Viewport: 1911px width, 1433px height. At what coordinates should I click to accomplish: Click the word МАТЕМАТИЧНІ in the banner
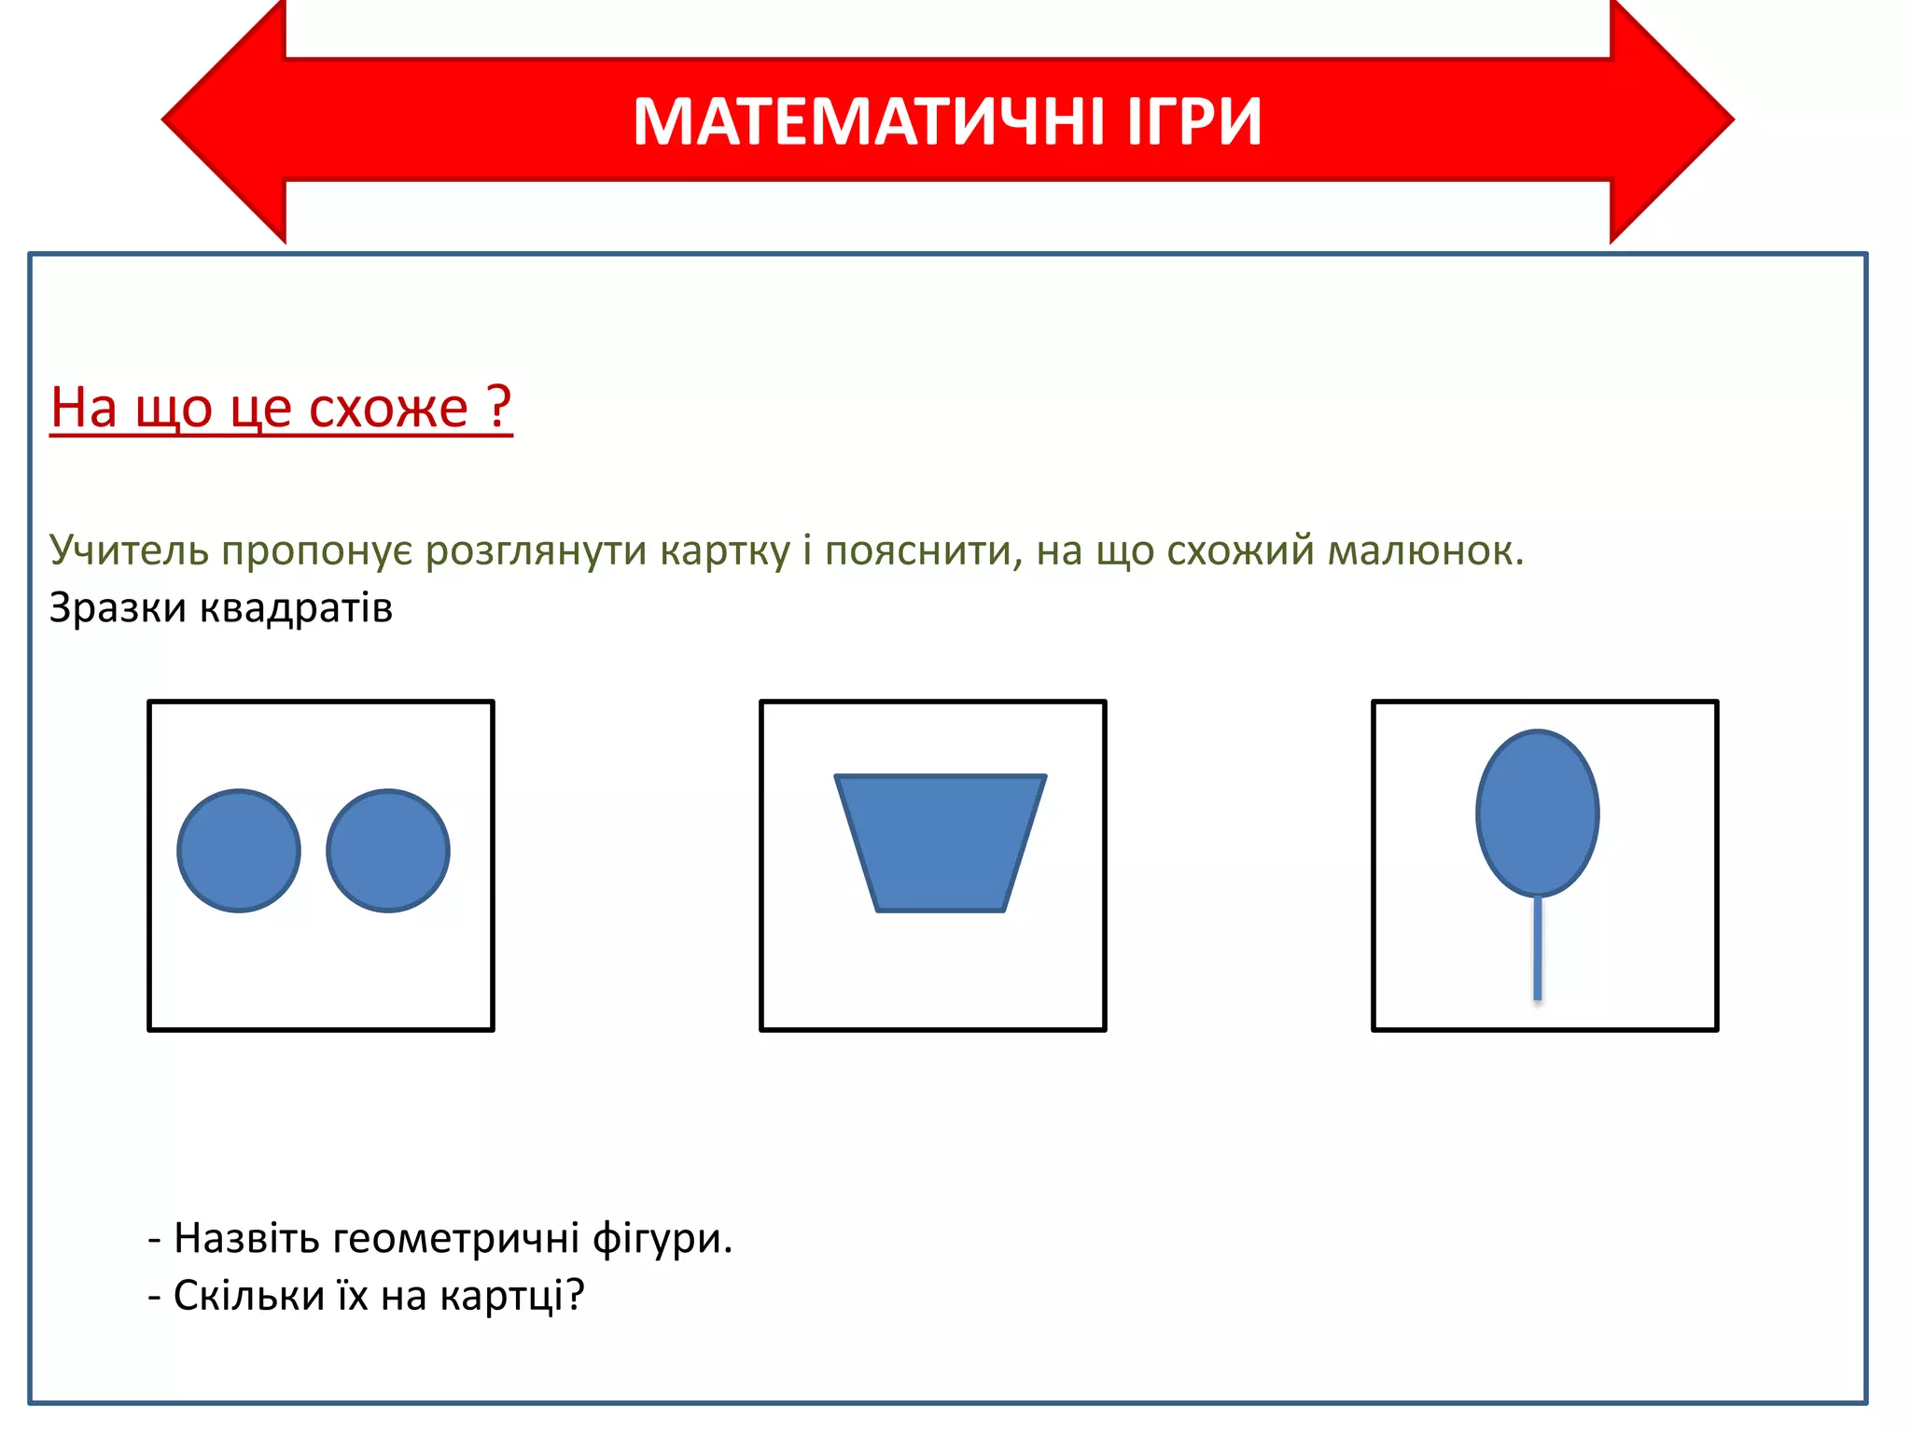click(x=871, y=122)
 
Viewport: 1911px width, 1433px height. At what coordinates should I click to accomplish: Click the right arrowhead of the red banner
click(x=1670, y=120)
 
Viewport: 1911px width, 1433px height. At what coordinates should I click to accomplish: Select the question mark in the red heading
click(x=500, y=407)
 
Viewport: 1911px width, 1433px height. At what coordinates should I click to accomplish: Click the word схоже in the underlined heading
click(x=388, y=409)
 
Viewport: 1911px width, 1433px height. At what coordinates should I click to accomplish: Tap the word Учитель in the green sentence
click(x=129, y=550)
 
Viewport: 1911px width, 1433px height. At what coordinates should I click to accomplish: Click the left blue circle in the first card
click(x=239, y=851)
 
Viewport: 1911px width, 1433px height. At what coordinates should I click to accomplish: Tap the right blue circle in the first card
click(x=388, y=851)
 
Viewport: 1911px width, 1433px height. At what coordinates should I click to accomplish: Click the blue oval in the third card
click(x=1537, y=814)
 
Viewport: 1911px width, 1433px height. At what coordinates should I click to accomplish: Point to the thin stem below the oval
click(x=1537, y=948)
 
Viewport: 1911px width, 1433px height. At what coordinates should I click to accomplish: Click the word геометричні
click(x=455, y=1239)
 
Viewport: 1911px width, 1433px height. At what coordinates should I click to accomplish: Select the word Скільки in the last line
click(x=249, y=1296)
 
